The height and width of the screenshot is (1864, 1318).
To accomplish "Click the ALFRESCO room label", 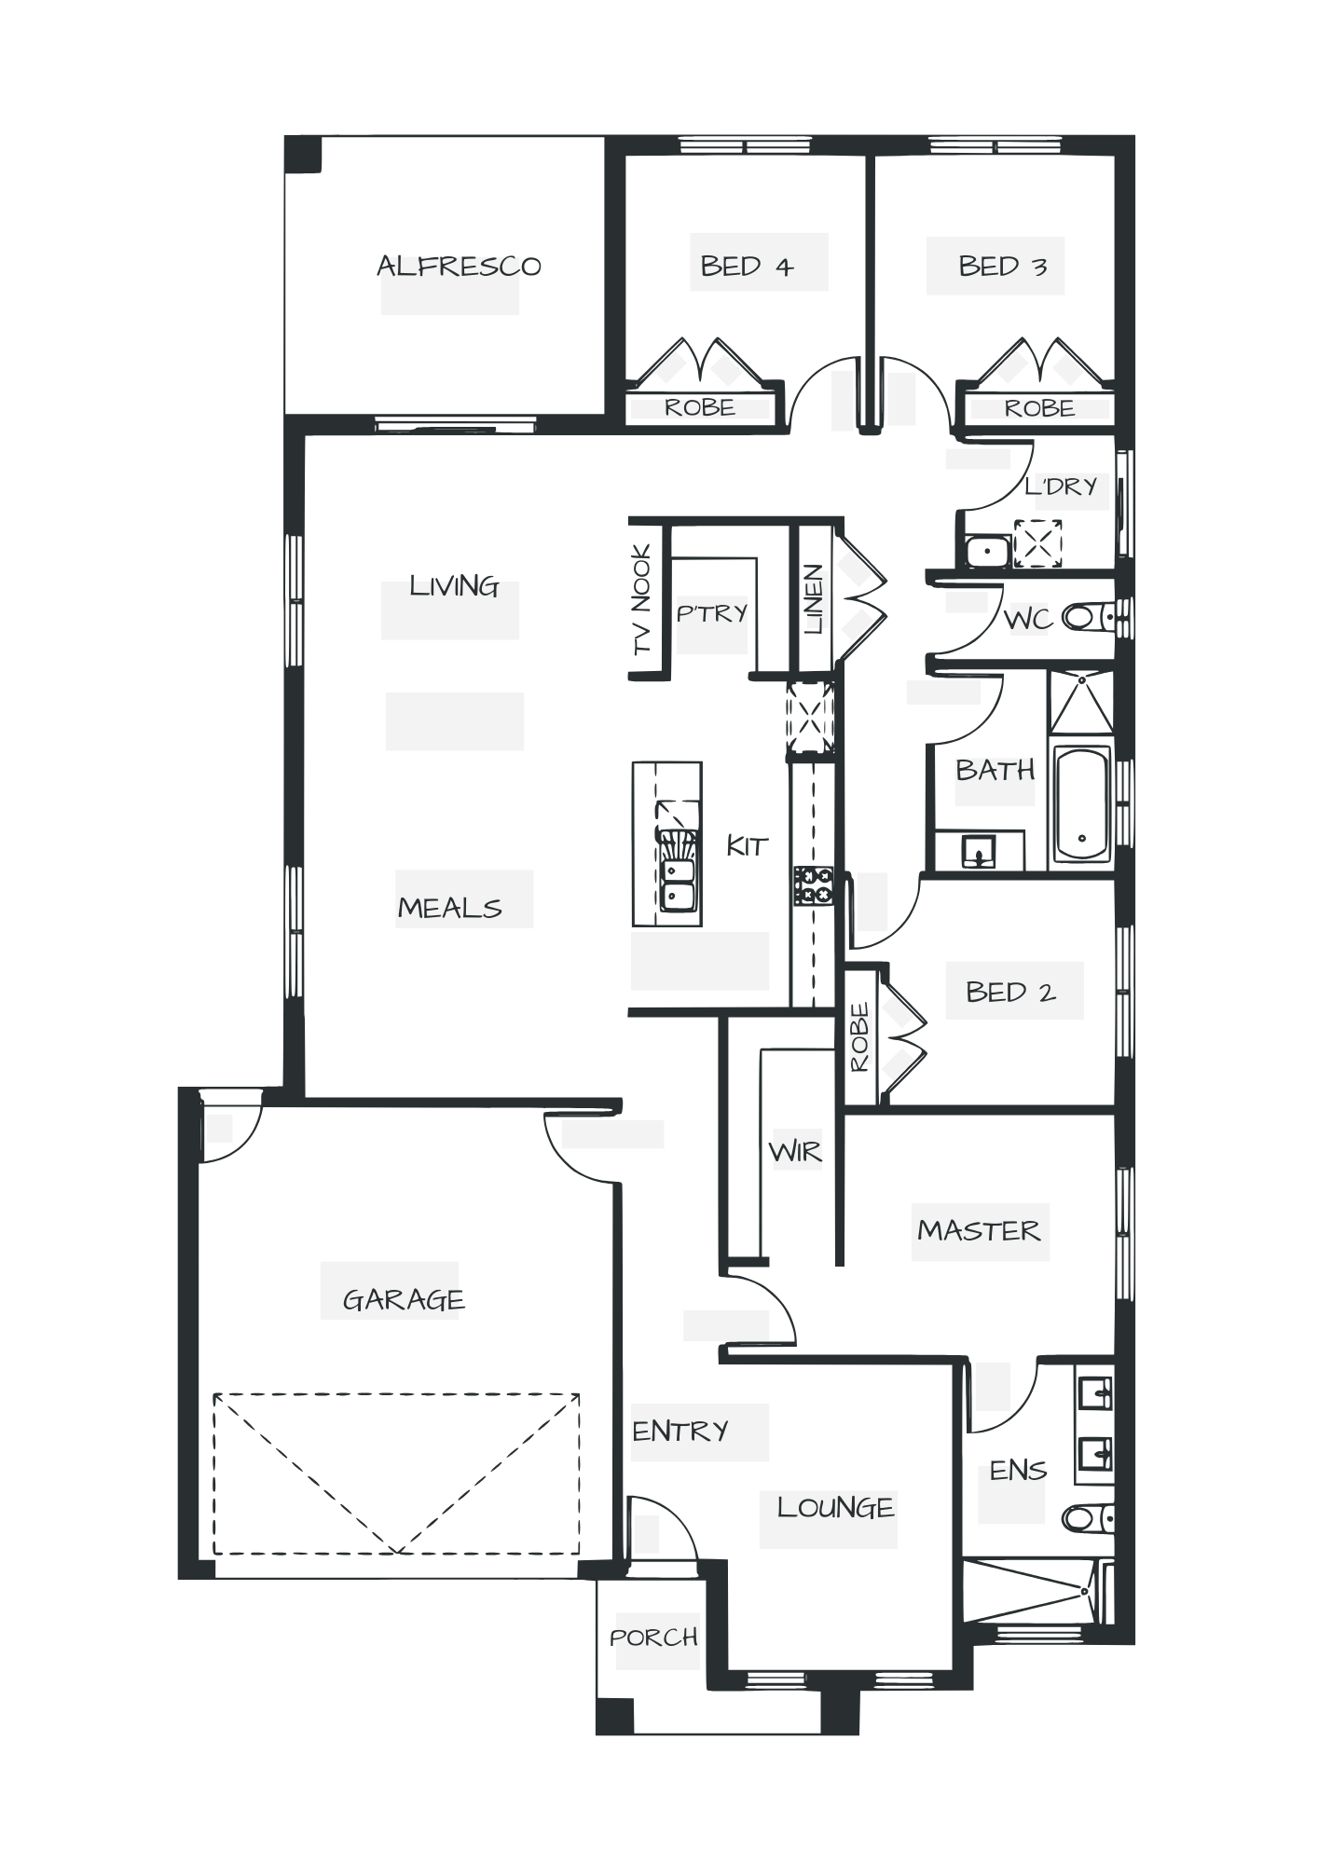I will pyautogui.click(x=459, y=267).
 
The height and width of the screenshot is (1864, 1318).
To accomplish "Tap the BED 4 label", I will pyautogui.click(x=747, y=267).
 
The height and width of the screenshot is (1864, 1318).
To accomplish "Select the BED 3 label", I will pyautogui.click(x=1003, y=267).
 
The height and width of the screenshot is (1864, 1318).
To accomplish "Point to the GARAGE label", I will pyautogui.click(x=403, y=1299).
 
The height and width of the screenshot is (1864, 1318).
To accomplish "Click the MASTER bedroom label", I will pyautogui.click(x=979, y=1230).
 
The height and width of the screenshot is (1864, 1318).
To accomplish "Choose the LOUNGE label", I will pyautogui.click(x=835, y=1507).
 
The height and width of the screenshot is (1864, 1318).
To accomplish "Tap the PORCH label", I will pyautogui.click(x=654, y=1638).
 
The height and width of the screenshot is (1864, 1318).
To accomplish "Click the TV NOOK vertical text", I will pyautogui.click(x=643, y=599).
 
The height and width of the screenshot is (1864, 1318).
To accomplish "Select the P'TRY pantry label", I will pyautogui.click(x=712, y=613).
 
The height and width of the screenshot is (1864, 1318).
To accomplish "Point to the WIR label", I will pyautogui.click(x=796, y=1154).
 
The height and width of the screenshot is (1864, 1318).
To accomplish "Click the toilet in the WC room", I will pyautogui.click(x=1085, y=617).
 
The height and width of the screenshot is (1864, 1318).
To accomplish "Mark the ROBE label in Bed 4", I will pyautogui.click(x=700, y=408).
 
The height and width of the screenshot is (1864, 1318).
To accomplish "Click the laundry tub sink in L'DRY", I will pyautogui.click(x=984, y=551).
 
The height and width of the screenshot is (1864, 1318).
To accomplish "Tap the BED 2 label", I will pyautogui.click(x=1010, y=992).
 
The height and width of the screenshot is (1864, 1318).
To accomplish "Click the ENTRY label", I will pyautogui.click(x=680, y=1431).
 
